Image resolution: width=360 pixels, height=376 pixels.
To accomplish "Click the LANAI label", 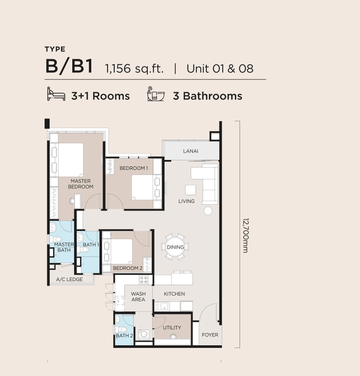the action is pos(190,151).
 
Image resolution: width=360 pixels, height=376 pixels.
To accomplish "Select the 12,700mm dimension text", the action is pos(246,235).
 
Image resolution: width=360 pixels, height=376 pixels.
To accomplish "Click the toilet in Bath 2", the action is pos(121,329).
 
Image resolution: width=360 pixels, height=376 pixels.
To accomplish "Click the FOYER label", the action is pos(210,335).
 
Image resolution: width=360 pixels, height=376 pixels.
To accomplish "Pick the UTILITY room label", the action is pos(172,328).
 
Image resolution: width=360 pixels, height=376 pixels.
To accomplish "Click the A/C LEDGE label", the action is pos(70,279).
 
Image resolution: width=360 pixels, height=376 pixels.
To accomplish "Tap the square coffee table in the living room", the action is pos(190,190).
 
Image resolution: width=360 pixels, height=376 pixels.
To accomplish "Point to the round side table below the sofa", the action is pos(208,211).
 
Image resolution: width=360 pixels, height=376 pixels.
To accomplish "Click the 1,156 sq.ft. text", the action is pos(134,68).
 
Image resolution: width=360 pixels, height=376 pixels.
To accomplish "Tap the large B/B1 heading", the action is pos(69,66).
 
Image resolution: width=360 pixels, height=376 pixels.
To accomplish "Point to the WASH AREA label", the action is pos(138,297).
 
